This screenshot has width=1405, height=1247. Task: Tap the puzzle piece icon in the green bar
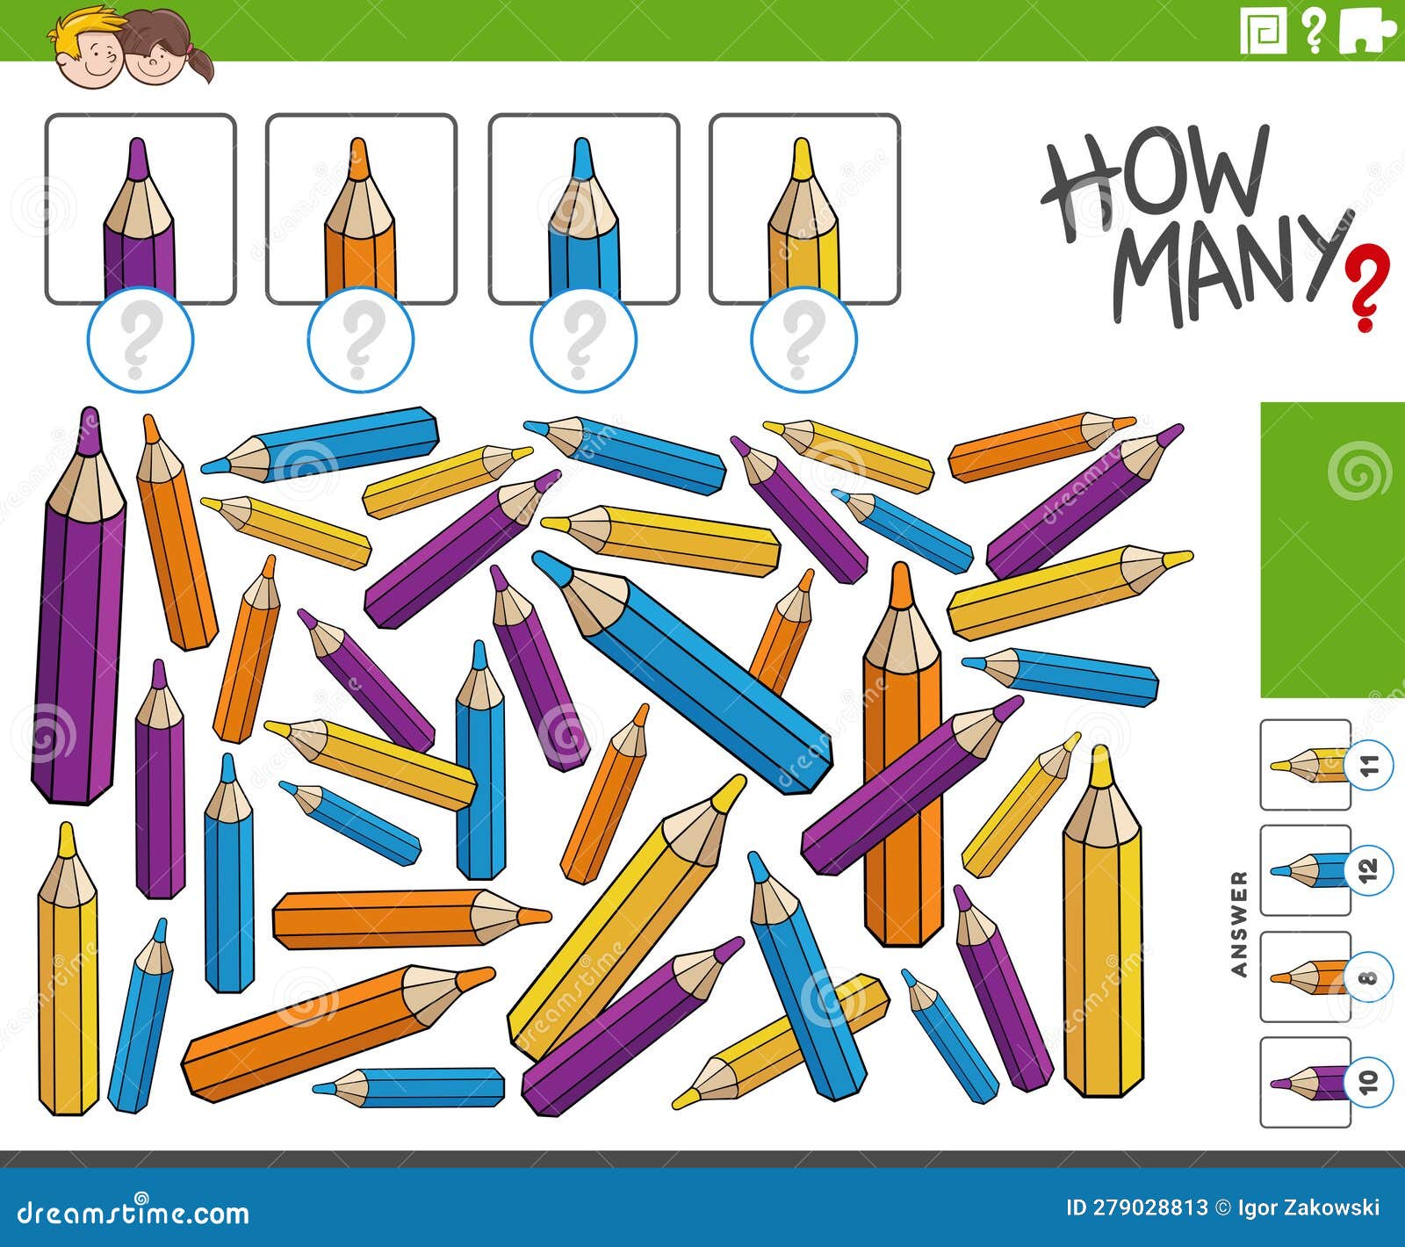click(x=1366, y=32)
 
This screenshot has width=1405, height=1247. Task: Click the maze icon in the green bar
click(x=1264, y=32)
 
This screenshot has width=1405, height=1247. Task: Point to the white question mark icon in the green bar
click(x=1314, y=32)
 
